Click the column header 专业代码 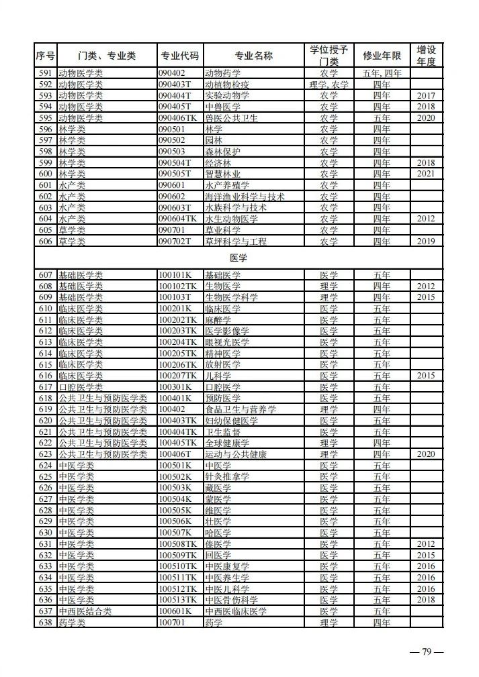tap(179, 56)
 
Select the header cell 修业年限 tap(382, 56)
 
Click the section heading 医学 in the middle tap(238, 257)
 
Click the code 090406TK tap(178, 118)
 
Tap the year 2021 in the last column tap(426, 174)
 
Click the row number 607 tap(46, 275)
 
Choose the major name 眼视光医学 tap(227, 342)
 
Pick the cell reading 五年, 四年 tap(382, 73)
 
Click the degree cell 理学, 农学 tap(329, 85)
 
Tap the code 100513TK tap(178, 600)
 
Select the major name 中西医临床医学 tap(236, 611)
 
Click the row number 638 tap(46, 623)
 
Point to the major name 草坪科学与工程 tap(236, 242)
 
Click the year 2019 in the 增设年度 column tap(426, 242)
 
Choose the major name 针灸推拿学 tap(227, 477)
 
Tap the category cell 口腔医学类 tap(81, 387)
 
